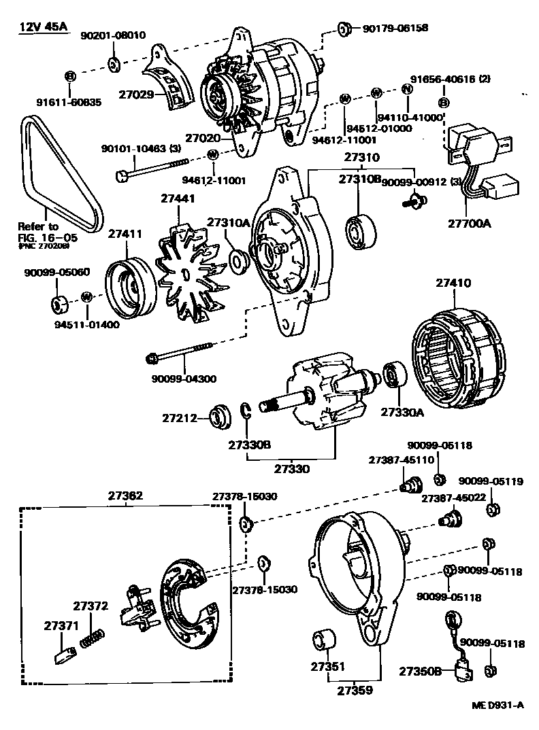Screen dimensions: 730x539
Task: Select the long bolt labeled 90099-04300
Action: (182, 353)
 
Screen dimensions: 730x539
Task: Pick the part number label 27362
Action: (125, 496)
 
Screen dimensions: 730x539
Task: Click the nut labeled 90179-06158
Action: (344, 29)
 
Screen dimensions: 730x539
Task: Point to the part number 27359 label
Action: (354, 691)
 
